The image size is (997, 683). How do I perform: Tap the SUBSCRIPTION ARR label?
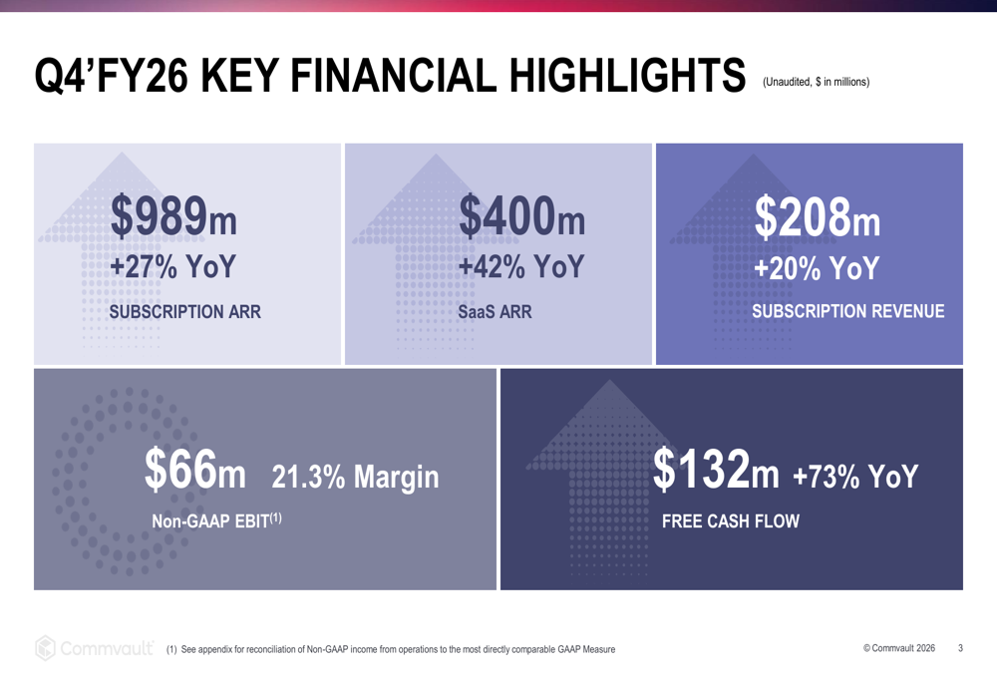[x=184, y=312]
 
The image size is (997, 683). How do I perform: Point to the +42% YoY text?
[x=520, y=269]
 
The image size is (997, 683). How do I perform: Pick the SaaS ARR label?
[x=495, y=312]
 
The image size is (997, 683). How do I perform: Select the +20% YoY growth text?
[x=817, y=269]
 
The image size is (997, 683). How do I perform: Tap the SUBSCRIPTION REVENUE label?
[x=847, y=312]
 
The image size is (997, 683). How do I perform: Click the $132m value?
[x=716, y=470]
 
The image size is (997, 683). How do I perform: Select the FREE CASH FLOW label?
[x=731, y=520]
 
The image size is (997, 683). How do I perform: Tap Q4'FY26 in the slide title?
[x=106, y=76]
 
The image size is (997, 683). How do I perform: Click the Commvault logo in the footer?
[x=96, y=647]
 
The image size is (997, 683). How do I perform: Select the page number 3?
[x=960, y=648]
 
